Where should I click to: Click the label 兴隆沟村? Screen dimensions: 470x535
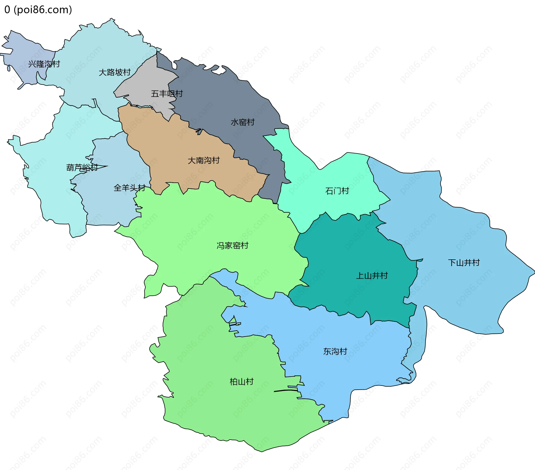click(x=44, y=64)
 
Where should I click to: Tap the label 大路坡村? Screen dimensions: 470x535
click(x=115, y=73)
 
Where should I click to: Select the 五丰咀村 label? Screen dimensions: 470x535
click(x=167, y=94)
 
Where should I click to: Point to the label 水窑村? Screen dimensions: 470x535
click(x=242, y=122)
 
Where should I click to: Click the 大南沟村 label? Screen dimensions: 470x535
click(x=204, y=160)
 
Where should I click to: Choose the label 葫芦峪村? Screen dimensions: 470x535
click(x=82, y=168)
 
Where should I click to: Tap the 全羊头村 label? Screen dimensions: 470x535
click(x=130, y=188)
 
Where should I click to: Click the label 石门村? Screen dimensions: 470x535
click(x=337, y=191)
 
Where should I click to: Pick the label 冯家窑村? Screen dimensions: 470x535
click(x=232, y=246)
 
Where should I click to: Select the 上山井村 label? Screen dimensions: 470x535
click(x=372, y=276)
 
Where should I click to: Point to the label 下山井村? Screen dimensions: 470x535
click(x=464, y=263)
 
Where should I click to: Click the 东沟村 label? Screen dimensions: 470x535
click(x=335, y=351)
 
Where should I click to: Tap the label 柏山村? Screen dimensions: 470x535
click(x=242, y=382)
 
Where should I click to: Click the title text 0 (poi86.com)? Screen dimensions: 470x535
click(x=38, y=10)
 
